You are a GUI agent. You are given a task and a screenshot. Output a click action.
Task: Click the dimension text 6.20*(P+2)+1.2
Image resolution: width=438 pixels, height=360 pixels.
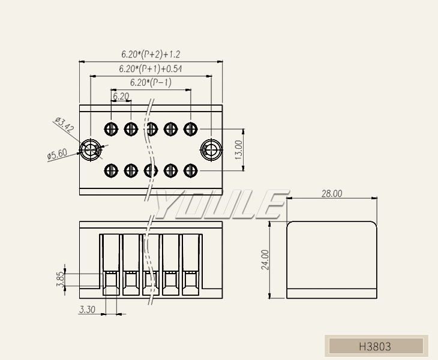(151, 55)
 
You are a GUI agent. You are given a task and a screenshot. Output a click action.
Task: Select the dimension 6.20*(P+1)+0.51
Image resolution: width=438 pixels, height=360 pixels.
(150, 69)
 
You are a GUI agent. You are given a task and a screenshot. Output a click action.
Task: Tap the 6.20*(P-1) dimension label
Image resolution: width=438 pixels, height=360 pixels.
(151, 83)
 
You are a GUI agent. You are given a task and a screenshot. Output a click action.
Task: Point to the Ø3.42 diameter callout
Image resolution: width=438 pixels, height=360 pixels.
(64, 125)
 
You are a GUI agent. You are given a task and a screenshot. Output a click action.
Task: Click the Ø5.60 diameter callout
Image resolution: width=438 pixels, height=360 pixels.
(57, 155)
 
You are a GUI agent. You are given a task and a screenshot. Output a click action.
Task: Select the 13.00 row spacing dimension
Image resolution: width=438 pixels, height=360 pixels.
(238, 149)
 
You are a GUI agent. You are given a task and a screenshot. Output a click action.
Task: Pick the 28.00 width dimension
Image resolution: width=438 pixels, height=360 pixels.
(331, 193)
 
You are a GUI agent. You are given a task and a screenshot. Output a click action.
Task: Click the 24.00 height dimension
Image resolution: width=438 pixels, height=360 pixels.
(265, 260)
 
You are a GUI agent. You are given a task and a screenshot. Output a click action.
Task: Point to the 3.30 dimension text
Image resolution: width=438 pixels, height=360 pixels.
(87, 310)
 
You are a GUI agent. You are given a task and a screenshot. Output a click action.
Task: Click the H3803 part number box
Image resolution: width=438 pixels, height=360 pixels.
(375, 346)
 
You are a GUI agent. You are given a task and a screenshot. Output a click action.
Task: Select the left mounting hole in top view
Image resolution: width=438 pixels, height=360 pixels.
(91, 149)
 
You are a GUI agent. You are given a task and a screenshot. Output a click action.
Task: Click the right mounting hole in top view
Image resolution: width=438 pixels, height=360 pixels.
(211, 149)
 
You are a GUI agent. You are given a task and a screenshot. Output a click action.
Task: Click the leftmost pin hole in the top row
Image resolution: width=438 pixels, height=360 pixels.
(111, 128)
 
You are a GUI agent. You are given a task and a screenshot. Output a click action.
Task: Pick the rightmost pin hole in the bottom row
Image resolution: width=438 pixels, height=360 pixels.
(190, 170)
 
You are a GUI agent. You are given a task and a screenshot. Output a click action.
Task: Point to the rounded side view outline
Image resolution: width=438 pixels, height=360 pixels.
(332, 260)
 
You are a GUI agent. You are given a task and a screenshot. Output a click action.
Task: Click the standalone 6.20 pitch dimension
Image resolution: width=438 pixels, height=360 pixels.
(121, 96)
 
